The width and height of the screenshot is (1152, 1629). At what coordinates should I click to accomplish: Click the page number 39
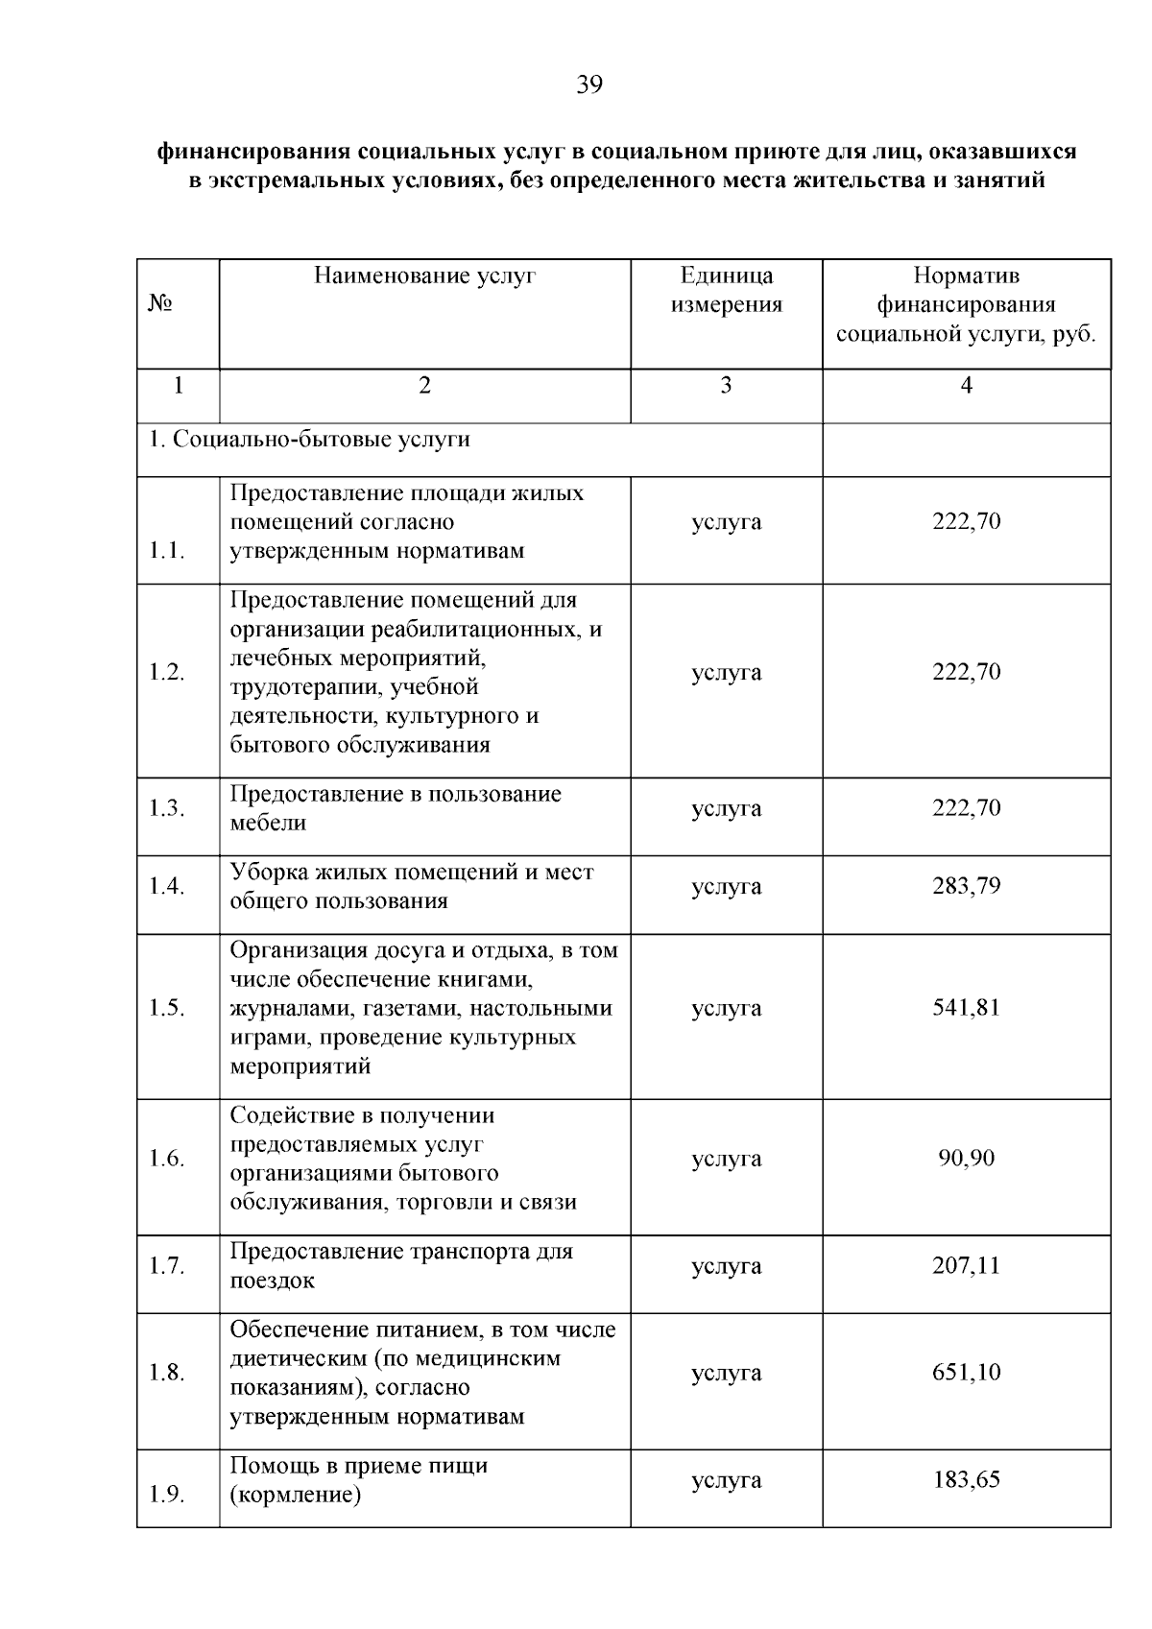[588, 85]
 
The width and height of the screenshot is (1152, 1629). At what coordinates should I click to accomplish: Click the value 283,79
[966, 886]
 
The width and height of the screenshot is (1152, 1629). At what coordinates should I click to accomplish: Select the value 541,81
[966, 1008]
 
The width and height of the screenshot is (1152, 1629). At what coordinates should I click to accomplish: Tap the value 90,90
[966, 1159]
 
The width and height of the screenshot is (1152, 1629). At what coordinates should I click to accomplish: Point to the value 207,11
[966, 1265]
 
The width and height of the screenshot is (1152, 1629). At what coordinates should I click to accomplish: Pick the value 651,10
[966, 1373]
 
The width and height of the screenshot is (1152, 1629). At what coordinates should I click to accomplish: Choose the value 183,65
[966, 1479]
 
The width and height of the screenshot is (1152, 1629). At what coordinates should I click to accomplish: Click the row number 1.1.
[166, 552]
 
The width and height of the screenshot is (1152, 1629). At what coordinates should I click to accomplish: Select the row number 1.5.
[166, 1008]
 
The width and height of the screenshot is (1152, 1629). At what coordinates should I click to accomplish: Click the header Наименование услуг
[424, 276]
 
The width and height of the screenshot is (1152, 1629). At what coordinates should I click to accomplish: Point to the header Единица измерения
[726, 291]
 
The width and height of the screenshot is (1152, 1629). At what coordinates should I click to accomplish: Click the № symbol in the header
[160, 304]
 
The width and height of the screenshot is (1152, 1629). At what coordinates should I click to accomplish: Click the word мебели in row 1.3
[268, 824]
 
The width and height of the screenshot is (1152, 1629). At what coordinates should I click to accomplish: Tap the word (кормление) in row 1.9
[295, 1496]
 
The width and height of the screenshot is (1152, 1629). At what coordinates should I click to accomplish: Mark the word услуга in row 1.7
[726, 1266]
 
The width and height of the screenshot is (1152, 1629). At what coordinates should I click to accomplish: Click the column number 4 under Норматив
[966, 386]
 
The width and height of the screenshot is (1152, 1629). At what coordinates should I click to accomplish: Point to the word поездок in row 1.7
[272, 1282]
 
